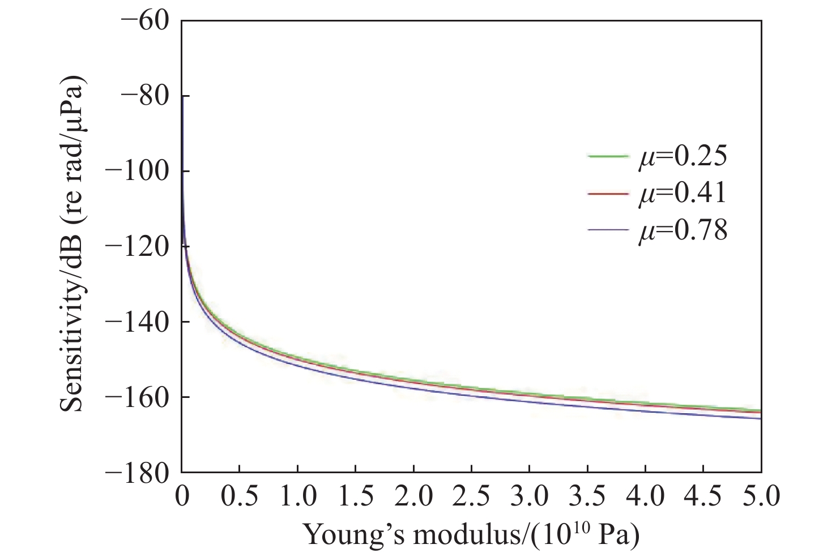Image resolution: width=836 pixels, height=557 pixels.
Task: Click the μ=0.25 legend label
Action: pos(683,157)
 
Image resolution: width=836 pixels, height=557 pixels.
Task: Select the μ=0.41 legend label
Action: pos(683,194)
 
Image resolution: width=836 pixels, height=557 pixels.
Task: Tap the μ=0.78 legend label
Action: pos(683,231)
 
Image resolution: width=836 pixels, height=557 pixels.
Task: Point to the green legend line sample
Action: pos(608,156)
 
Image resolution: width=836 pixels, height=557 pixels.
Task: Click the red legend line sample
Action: pos(608,194)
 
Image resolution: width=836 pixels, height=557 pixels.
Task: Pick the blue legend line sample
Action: pos(608,230)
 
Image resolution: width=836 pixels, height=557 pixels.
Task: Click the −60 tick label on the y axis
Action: pos(145,20)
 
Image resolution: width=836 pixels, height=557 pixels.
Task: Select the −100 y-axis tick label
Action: pos(138,171)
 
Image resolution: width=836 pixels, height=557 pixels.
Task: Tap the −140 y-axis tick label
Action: pos(138,322)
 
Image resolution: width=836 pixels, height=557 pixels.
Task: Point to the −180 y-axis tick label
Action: pos(138,472)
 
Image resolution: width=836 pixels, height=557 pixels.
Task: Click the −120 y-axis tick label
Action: pos(138,246)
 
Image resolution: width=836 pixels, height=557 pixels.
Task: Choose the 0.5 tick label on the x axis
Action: pos(239,497)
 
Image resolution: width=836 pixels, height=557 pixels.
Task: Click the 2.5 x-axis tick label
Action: pos(471,497)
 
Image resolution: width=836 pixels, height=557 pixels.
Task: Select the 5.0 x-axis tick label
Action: pos(761,497)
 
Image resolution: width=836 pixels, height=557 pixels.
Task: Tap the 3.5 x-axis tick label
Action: pos(587,497)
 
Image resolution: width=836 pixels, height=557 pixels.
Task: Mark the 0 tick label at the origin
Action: pos(181,497)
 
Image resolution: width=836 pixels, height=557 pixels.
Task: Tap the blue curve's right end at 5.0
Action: pos(760,418)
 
